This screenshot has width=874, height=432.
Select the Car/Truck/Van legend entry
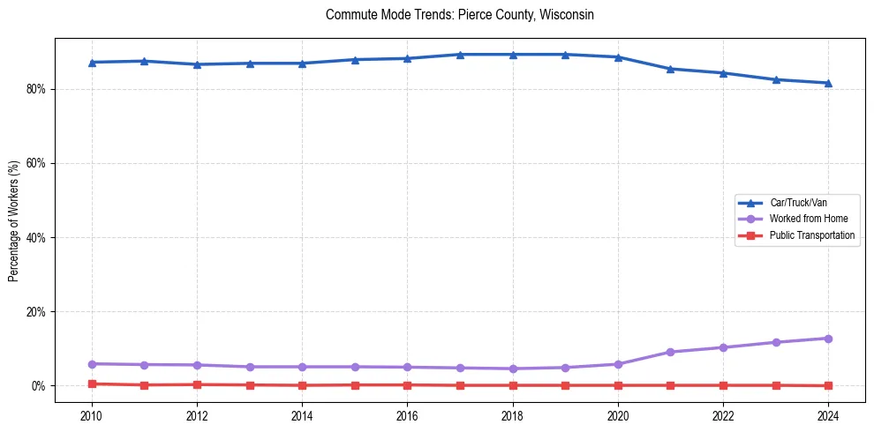pyautogui.click(x=798, y=202)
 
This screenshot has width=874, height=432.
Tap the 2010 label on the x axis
pyautogui.click(x=91, y=414)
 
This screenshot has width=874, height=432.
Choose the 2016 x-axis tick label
pyautogui.click(x=407, y=414)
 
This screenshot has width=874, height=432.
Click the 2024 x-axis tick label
pyautogui.click(x=828, y=414)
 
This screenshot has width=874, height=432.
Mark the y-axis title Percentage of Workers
pyautogui.click(x=14, y=220)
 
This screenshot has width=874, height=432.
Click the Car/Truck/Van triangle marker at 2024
pyautogui.click(x=828, y=83)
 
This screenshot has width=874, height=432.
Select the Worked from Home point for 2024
pyautogui.click(x=828, y=339)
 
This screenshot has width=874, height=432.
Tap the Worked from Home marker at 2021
pyautogui.click(x=670, y=352)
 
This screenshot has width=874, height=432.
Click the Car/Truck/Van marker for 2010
pyautogui.click(x=91, y=63)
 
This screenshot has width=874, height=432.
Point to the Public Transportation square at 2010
pyautogui.click(x=91, y=384)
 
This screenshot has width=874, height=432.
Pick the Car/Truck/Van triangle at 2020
pyautogui.click(x=618, y=57)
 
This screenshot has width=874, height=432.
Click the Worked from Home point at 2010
pyautogui.click(x=91, y=363)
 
